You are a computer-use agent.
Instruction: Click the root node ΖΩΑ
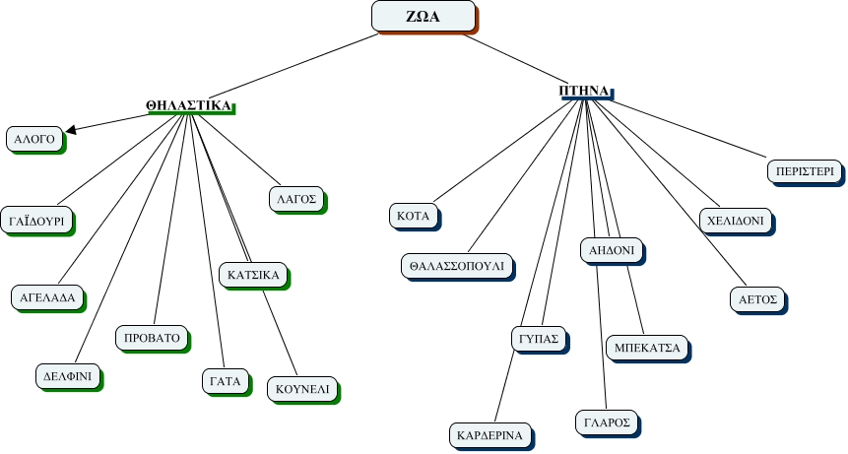tap(423, 17)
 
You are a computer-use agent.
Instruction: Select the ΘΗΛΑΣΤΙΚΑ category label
tap(189, 105)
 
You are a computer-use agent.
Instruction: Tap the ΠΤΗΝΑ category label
tap(585, 91)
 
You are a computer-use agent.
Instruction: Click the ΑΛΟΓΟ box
tap(33, 140)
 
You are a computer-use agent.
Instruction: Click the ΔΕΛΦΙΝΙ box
tap(67, 376)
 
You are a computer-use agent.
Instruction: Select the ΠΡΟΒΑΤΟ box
tap(152, 338)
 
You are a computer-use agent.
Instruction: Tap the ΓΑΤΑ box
tap(225, 380)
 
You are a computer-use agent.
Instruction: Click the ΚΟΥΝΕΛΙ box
tap(302, 388)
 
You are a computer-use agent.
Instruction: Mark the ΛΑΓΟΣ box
tap(295, 198)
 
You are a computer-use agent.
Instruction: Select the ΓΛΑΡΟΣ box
tap(605, 422)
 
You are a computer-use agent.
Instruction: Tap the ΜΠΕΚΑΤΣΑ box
tap(648, 348)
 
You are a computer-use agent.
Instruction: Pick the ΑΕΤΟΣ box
tap(759, 298)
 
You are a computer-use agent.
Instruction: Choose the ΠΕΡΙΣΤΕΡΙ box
tap(803, 170)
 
